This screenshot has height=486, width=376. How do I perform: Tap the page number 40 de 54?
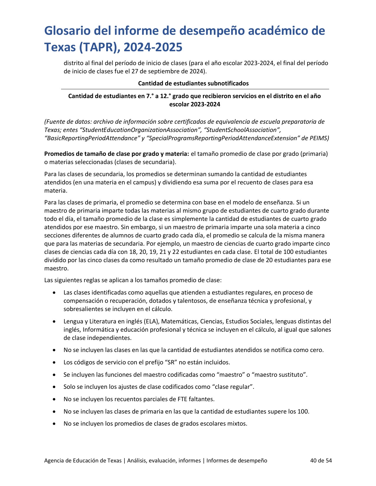point(321,460)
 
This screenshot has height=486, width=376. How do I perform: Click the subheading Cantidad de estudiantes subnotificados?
point(193,83)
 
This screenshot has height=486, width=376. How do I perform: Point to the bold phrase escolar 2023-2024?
point(195,104)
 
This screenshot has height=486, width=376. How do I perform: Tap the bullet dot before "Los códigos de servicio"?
point(54,363)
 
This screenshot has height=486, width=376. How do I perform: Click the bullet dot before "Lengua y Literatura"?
point(54,322)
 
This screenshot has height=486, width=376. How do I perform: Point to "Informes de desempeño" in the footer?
point(237,460)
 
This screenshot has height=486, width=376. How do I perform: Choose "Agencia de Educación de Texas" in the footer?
point(83,460)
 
